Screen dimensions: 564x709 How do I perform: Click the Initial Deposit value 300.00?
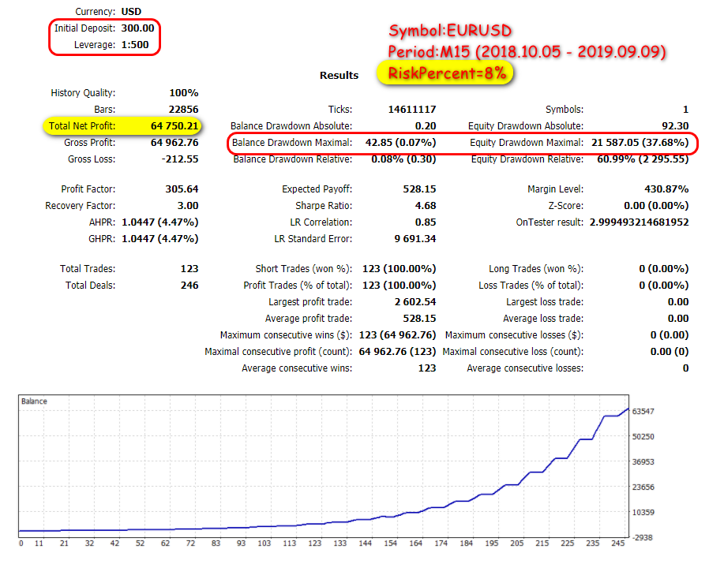137,28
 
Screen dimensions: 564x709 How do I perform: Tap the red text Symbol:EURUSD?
451,32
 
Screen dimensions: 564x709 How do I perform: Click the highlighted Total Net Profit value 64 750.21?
175,126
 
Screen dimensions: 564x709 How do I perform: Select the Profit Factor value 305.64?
182,189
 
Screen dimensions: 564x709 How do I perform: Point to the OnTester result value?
639,222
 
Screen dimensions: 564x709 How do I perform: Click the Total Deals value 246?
189,286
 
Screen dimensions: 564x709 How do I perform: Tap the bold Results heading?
339,76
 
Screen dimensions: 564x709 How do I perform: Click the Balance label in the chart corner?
35,402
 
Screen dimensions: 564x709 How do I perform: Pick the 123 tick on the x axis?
315,543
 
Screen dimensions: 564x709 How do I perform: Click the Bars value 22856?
183,110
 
